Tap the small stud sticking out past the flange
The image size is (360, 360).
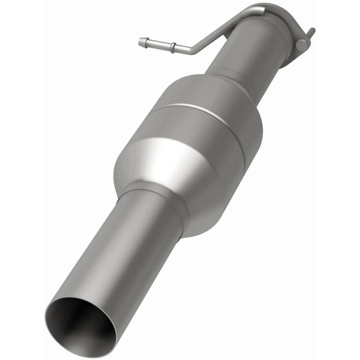(x=310, y=32)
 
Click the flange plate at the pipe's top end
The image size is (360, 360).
(x=288, y=22)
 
